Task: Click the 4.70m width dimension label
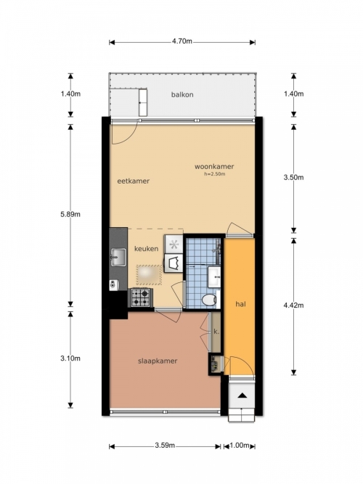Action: click(182, 41)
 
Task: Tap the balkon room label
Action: click(182, 94)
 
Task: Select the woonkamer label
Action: click(214, 166)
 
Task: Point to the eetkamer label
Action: click(133, 181)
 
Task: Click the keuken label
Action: click(146, 248)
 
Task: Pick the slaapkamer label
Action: click(158, 361)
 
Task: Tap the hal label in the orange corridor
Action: click(240, 304)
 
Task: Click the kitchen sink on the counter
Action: click(118, 257)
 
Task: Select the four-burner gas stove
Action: click(141, 298)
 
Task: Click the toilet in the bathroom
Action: click(210, 300)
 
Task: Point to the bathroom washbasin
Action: click(214, 277)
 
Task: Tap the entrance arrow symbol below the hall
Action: click(242, 395)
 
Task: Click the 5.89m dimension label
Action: click(70, 214)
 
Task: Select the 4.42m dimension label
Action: click(293, 305)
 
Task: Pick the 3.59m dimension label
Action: click(165, 445)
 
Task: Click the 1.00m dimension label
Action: click(240, 445)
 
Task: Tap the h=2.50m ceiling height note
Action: click(215, 173)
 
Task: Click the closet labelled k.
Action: click(216, 332)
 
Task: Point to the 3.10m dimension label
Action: click(70, 358)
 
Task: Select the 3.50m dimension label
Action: click(293, 177)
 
